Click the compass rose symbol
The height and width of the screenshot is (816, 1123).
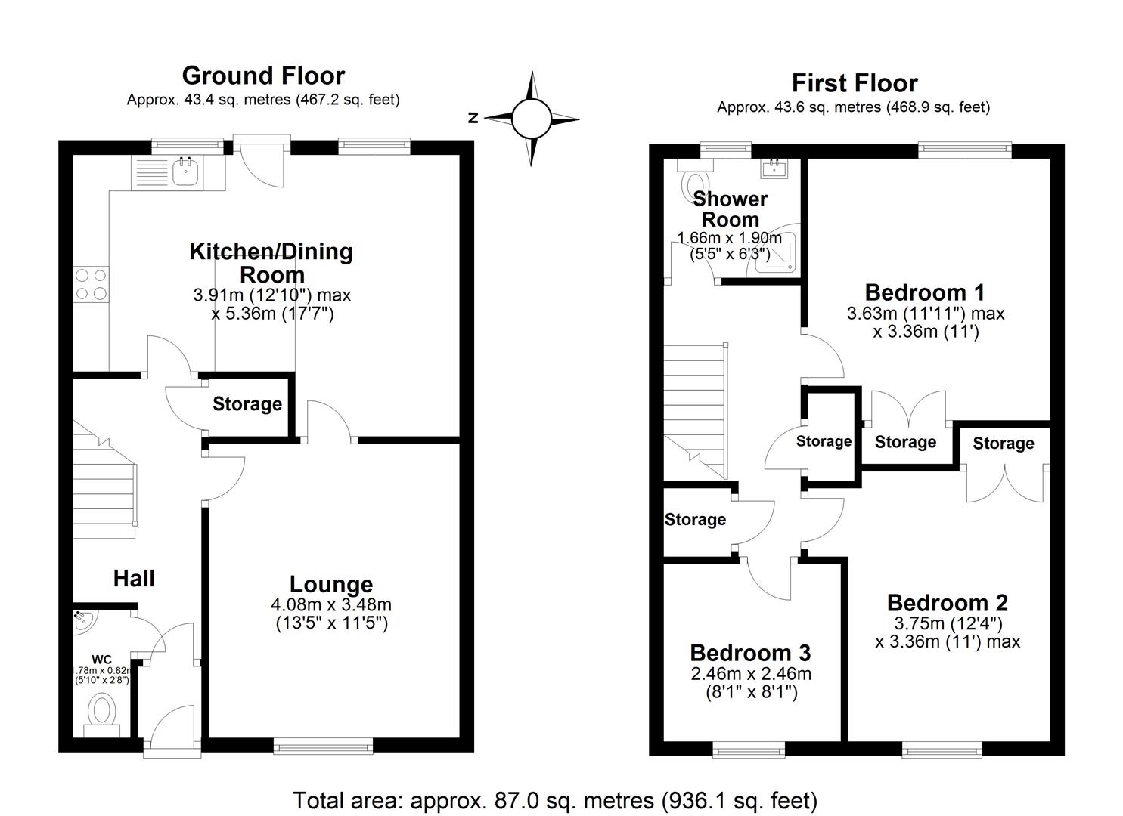[x=531, y=119]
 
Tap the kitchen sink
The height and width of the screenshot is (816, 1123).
[x=185, y=172]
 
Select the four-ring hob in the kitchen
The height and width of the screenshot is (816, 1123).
[x=91, y=285]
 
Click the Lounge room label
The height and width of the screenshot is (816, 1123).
[x=331, y=584]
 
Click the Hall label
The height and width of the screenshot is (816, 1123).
[x=134, y=579]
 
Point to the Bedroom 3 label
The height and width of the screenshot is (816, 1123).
[x=750, y=652]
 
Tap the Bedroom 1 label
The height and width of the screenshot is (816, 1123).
[x=925, y=292]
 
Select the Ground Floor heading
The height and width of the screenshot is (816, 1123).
[x=263, y=76]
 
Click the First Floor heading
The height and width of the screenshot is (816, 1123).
[x=855, y=82]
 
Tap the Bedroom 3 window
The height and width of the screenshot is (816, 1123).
[x=749, y=750]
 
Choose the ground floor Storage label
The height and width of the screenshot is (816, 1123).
[x=247, y=404]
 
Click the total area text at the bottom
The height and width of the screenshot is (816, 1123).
[x=555, y=800]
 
